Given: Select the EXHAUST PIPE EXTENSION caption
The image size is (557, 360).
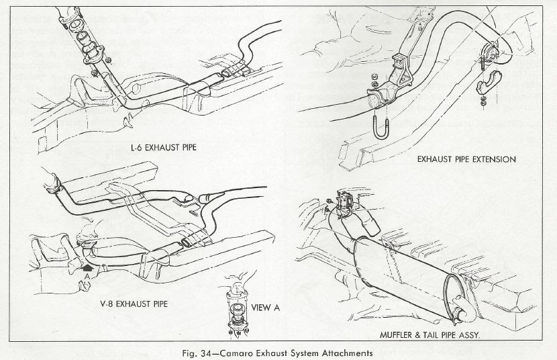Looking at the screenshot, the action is coord(466,160).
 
